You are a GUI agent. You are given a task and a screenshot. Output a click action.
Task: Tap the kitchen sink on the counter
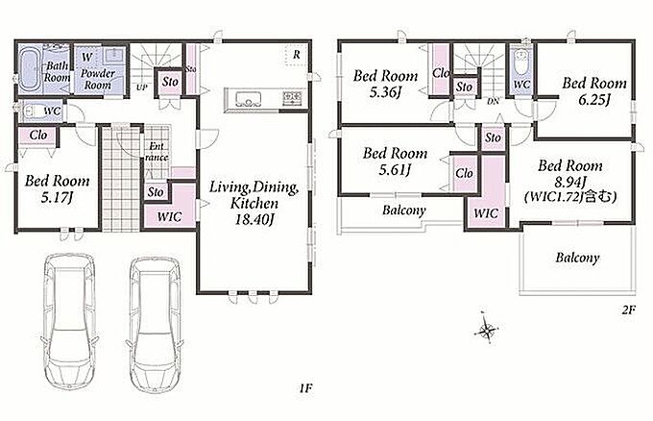tap(248, 99)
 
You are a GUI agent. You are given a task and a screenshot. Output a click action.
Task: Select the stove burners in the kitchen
tap(292, 98)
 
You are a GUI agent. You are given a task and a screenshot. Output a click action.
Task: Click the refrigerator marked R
tap(296, 55)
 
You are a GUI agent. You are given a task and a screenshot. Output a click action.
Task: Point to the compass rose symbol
tap(486, 331)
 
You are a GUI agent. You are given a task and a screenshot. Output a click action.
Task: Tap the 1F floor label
tap(305, 388)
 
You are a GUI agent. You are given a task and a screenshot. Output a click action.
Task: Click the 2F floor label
tap(628, 310)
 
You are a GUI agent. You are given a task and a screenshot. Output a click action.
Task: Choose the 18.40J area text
tap(254, 220)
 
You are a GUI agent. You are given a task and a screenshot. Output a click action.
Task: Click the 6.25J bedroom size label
tap(593, 100)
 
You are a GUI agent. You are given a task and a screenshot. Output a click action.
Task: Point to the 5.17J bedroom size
tap(57, 197)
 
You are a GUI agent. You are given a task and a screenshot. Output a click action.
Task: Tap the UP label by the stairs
tap(141, 88)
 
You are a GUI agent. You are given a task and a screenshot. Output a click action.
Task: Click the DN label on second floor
tap(493, 101)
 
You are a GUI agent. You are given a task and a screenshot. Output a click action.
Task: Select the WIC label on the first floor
tap(169, 217)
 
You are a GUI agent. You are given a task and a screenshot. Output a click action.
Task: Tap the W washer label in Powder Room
tap(87, 57)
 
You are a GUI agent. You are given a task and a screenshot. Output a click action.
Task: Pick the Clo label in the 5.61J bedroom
tap(464, 173)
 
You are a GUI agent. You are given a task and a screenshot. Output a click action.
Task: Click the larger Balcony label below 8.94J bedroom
tap(577, 258)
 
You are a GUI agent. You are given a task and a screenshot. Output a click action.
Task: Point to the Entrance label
tap(157, 152)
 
